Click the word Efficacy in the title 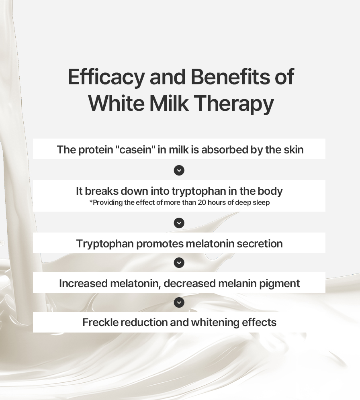(x=106, y=77)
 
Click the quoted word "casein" (x=135, y=149)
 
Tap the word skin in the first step (x=294, y=149)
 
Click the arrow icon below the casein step (x=179, y=170)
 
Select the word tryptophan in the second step (x=199, y=191)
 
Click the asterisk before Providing (x=91, y=202)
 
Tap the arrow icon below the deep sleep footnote (x=179, y=223)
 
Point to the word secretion (x=260, y=244)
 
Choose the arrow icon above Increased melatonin (x=179, y=263)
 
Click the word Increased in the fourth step (x=83, y=284)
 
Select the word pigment (x=280, y=284)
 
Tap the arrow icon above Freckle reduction (x=179, y=302)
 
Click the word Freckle (x=100, y=322)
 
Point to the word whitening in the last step (x=215, y=323)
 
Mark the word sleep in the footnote (x=261, y=203)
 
